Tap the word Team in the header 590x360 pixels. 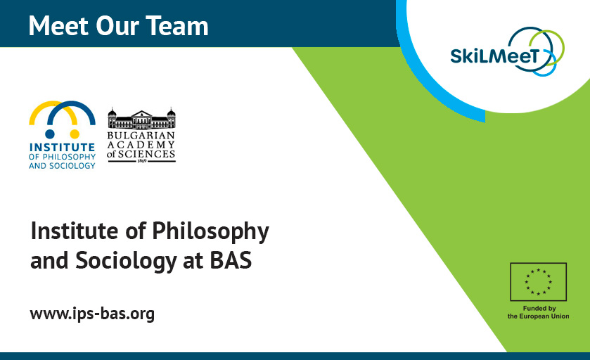click(x=179, y=26)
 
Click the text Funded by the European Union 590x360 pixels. click(x=538, y=313)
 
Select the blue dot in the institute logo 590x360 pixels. click(x=50, y=133)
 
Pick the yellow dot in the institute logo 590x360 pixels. click(x=73, y=133)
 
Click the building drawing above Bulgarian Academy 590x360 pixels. click(x=141, y=117)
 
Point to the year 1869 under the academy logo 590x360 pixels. click(x=141, y=160)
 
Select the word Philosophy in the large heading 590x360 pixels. click(x=210, y=231)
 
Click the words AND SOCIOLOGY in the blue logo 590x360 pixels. click(x=62, y=166)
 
